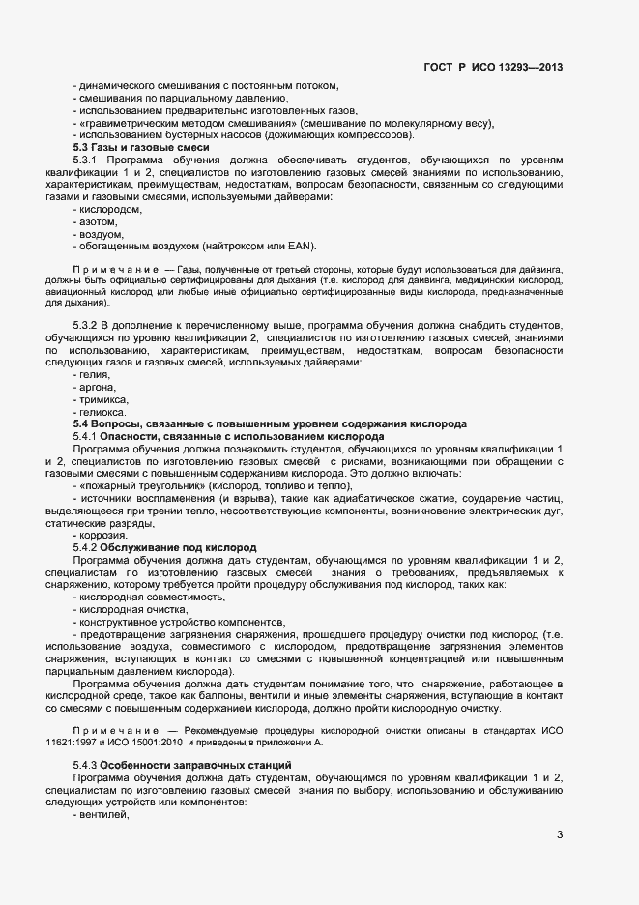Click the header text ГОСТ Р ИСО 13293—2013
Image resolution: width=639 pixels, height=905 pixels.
click(x=493, y=68)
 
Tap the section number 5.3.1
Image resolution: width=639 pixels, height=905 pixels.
click(x=86, y=160)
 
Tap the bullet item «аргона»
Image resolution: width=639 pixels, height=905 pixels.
click(x=99, y=387)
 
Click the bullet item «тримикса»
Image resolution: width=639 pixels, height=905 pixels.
click(x=104, y=399)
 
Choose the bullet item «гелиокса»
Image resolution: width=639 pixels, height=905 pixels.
click(x=104, y=412)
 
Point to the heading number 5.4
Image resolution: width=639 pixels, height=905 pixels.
click(x=82, y=424)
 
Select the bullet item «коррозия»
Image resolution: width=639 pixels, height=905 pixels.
click(x=102, y=535)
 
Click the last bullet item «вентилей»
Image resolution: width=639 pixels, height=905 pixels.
click(x=102, y=815)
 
